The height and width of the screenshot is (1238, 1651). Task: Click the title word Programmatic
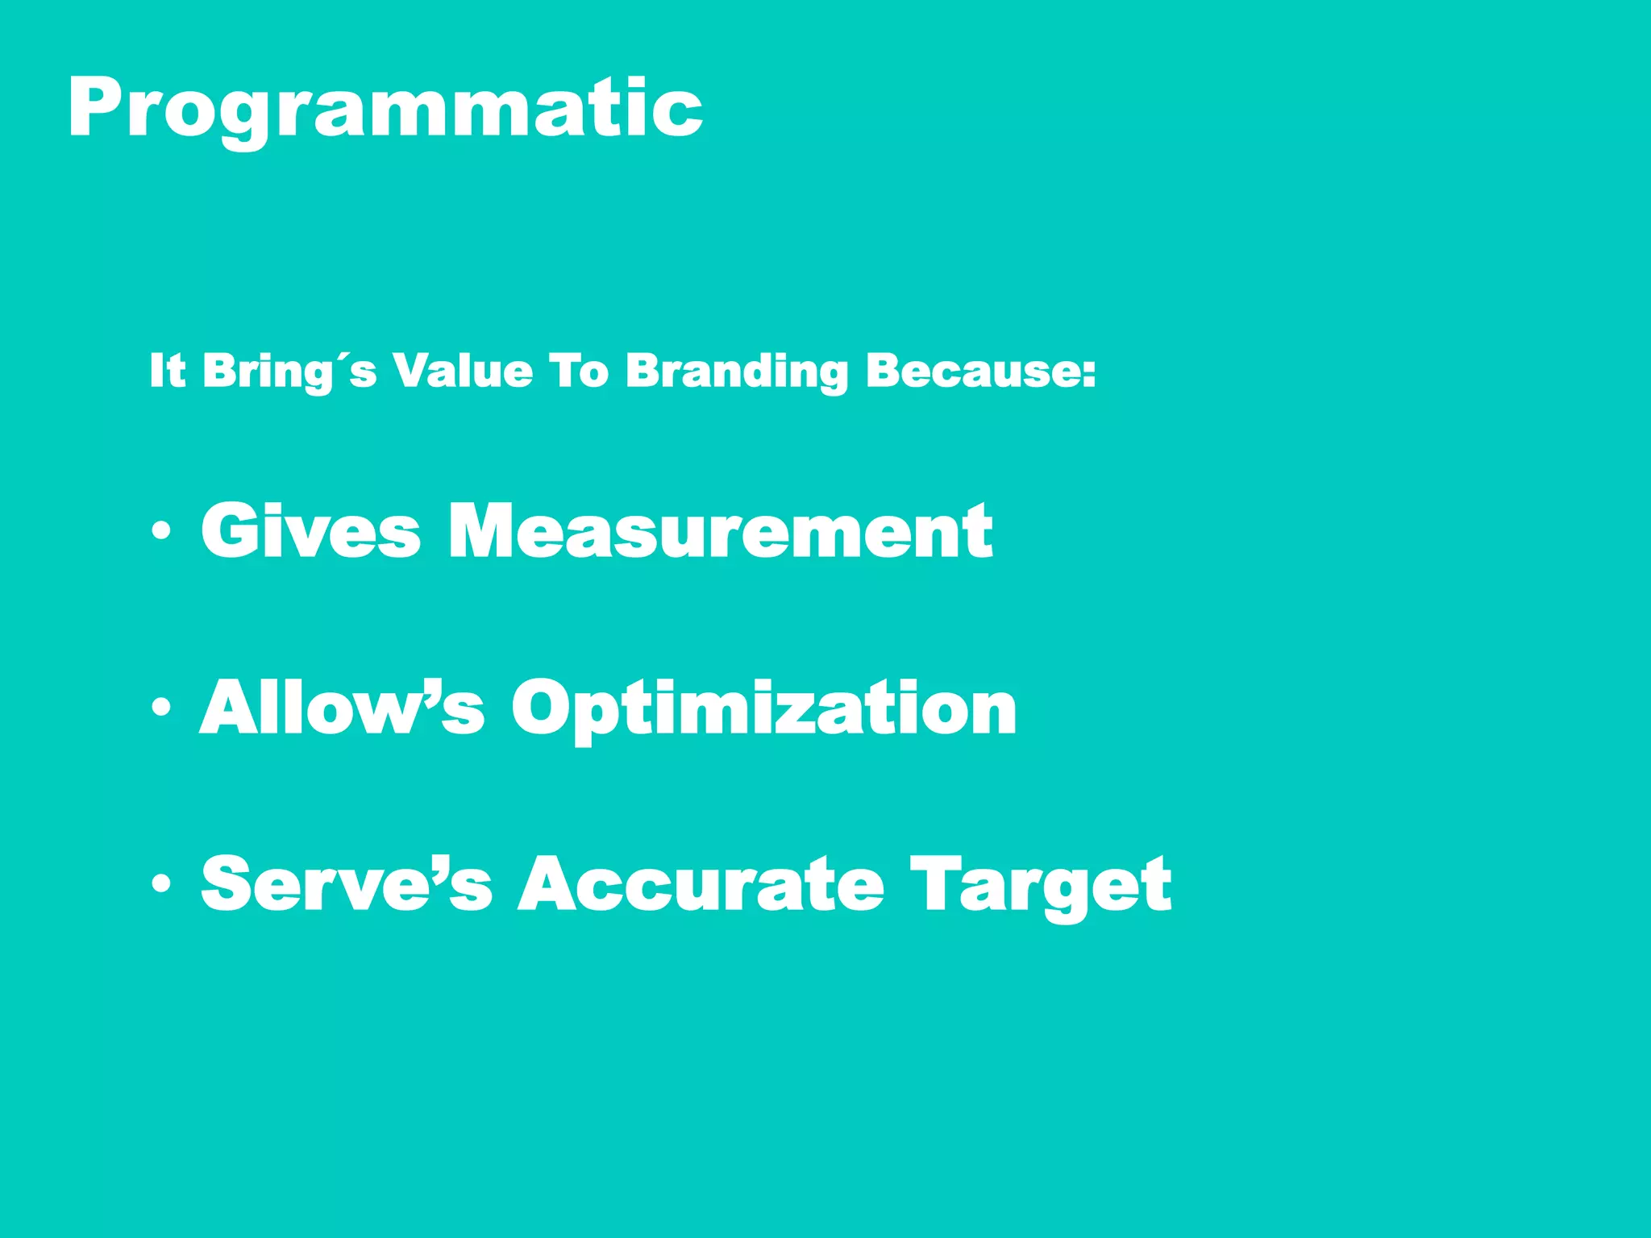click(385, 109)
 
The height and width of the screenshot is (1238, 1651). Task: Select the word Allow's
click(342, 707)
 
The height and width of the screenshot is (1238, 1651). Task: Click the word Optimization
click(764, 707)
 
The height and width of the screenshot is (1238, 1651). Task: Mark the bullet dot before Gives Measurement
click(161, 531)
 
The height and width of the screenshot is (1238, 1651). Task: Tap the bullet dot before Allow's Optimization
click(161, 708)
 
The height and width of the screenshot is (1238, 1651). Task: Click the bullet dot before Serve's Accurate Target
click(161, 884)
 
